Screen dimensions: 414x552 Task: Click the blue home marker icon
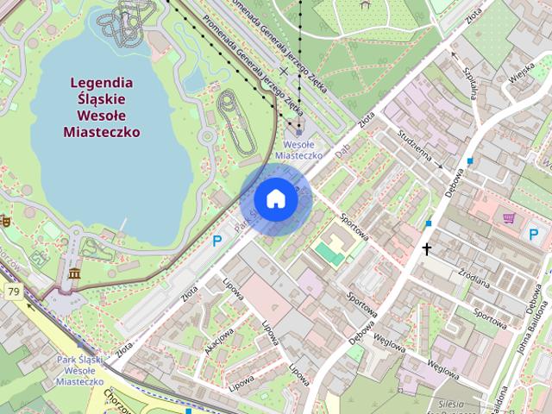tap(275, 198)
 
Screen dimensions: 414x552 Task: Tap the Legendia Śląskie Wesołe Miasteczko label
tap(102, 108)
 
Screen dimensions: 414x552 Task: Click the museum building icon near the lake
tap(73, 274)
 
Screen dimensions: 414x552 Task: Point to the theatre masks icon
tap(4, 220)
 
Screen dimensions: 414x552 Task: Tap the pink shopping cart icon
tap(509, 217)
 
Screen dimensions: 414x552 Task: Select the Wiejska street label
tap(520, 70)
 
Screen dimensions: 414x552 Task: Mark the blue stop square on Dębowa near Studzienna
tap(470, 161)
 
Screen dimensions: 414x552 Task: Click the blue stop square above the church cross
tap(429, 224)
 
